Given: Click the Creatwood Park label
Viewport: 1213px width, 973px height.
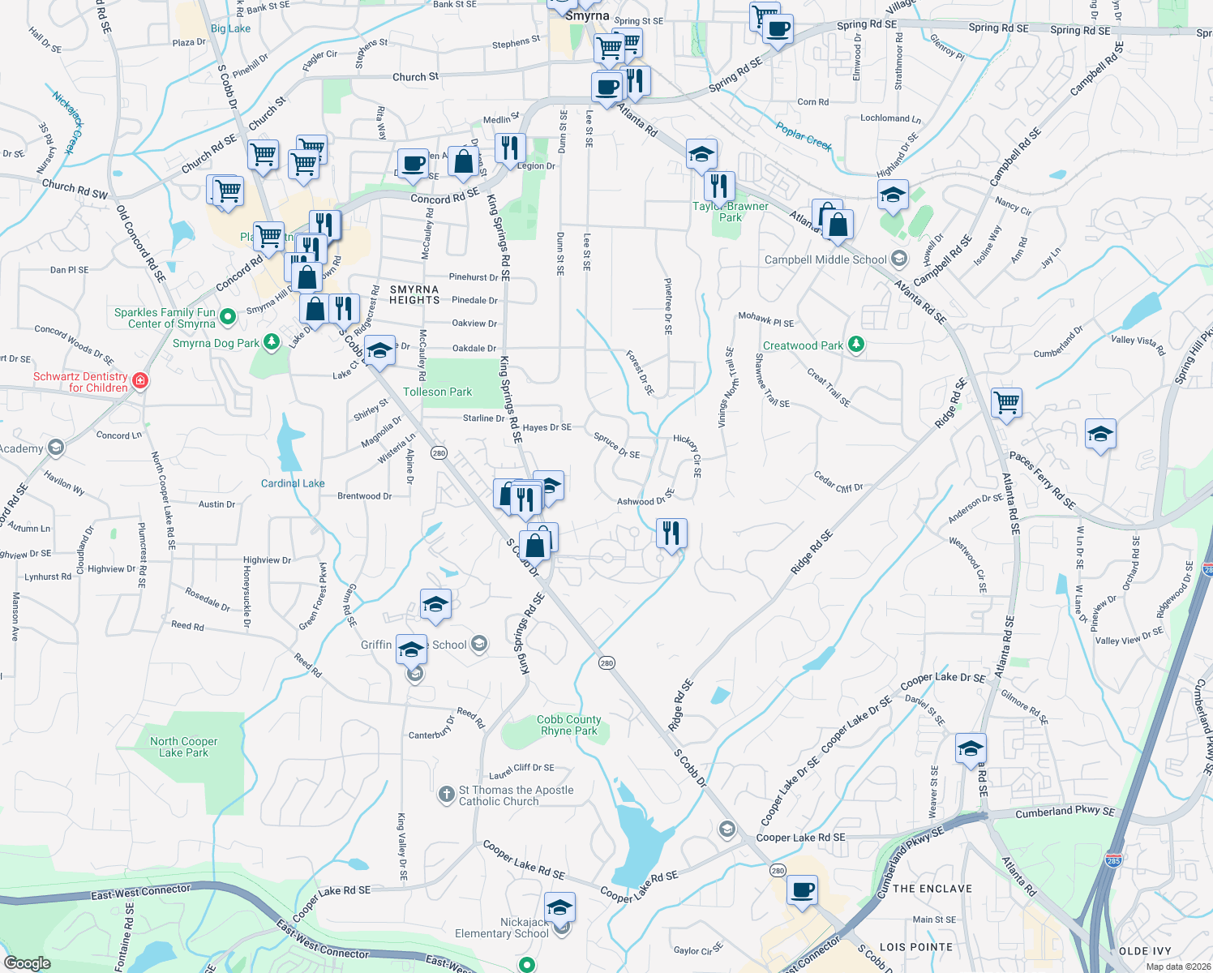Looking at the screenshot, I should click(x=803, y=345).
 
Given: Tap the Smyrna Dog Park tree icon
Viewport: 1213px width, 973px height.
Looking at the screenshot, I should click(x=272, y=342).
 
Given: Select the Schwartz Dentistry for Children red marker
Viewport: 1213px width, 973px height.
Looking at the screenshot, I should click(x=140, y=380).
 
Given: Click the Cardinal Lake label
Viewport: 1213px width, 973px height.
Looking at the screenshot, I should click(x=293, y=483).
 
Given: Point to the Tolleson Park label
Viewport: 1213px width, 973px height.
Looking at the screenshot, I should click(x=437, y=392).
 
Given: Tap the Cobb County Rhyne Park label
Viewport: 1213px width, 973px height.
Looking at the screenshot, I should click(x=569, y=725).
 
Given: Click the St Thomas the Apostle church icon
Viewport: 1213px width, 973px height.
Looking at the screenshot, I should click(x=446, y=795).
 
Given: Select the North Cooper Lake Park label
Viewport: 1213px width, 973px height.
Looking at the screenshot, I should click(x=184, y=747).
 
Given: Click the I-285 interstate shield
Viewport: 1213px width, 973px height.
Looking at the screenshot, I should click(x=1113, y=859).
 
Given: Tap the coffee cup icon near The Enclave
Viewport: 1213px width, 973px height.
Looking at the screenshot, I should click(x=803, y=890).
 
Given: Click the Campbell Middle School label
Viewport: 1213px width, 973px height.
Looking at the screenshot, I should click(x=825, y=259).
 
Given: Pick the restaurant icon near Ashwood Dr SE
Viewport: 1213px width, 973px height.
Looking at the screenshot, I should click(x=671, y=534).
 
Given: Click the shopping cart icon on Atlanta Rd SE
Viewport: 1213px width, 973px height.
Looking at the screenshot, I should click(x=1006, y=402).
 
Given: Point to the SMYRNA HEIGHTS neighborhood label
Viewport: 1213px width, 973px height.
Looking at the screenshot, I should click(x=414, y=294).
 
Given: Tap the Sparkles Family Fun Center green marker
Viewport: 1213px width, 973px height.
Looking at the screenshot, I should click(x=228, y=316).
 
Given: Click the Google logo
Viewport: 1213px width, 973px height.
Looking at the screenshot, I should click(x=28, y=962).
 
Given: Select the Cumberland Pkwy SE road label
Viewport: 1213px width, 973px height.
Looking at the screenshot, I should click(x=1065, y=812).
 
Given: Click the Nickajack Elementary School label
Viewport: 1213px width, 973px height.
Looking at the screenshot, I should click(x=502, y=928).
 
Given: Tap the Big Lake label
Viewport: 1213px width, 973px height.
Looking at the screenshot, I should click(x=231, y=28).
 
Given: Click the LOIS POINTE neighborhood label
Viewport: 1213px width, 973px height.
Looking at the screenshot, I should click(x=916, y=947).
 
